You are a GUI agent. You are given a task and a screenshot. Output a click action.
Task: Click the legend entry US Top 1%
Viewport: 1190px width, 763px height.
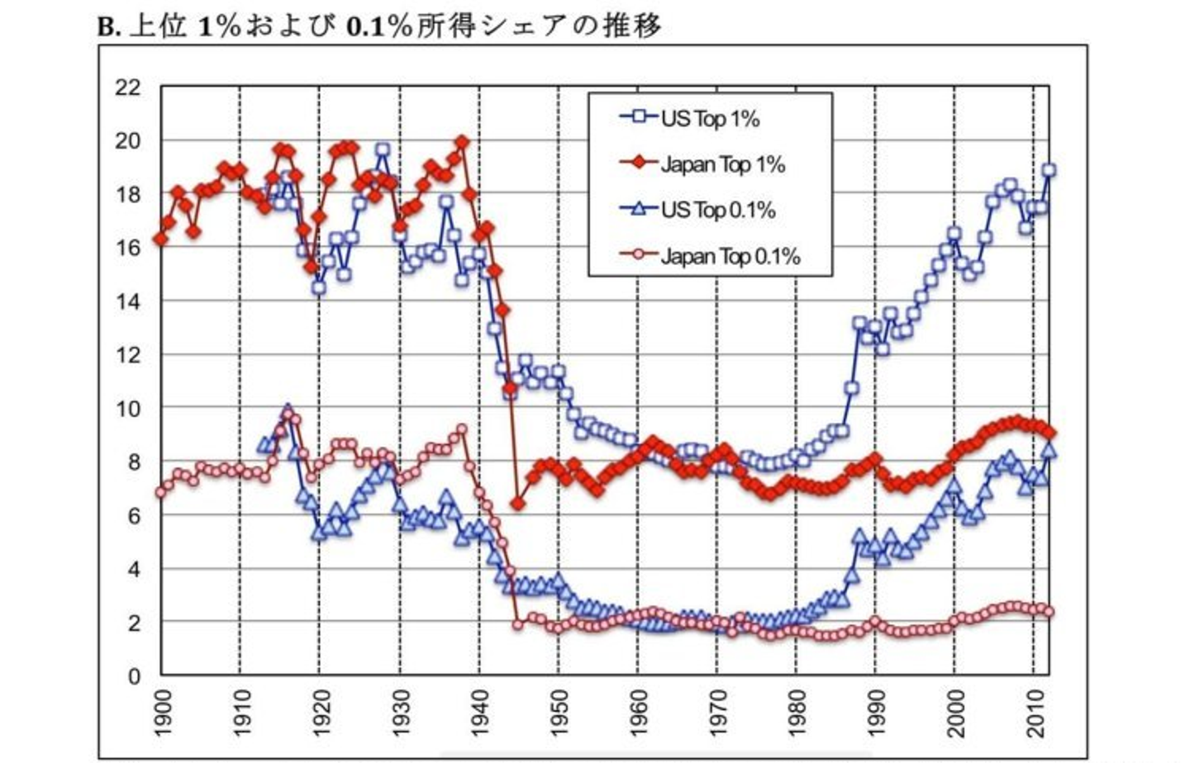click(709, 118)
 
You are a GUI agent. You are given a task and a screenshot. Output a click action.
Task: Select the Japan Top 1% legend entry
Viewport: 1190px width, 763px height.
click(721, 163)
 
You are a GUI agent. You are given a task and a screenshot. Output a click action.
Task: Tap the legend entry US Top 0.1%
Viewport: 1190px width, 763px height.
click(717, 210)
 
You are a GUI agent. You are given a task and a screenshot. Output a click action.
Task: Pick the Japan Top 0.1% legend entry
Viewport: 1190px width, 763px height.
click(730, 256)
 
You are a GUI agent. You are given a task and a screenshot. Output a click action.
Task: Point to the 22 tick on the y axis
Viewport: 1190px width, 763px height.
click(127, 88)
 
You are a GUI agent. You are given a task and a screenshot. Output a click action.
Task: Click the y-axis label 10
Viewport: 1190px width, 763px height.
click(127, 408)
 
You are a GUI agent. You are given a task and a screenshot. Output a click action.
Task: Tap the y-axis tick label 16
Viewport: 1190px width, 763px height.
click(127, 248)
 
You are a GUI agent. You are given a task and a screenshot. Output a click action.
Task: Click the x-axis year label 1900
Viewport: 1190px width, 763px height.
click(162, 712)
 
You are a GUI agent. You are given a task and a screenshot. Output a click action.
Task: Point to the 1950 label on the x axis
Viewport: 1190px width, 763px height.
click(559, 712)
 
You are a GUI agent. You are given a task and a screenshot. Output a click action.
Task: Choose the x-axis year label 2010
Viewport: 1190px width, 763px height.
click(1035, 712)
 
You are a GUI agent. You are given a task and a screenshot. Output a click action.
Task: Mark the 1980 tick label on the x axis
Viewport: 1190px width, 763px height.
click(797, 712)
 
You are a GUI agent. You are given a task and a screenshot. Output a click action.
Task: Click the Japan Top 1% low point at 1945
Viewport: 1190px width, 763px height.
click(518, 503)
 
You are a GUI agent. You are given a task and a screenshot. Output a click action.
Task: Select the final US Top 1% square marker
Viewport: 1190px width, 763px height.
click(1049, 170)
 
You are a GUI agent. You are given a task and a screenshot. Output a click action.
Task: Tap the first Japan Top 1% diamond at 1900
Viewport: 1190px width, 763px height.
click(161, 239)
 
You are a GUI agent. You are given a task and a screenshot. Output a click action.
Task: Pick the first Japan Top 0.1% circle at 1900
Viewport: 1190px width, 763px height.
click(161, 492)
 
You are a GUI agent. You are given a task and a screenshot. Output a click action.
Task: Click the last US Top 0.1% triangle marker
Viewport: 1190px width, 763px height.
click(1049, 451)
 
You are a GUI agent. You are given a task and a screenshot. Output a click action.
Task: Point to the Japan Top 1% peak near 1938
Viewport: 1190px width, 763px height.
click(462, 142)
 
